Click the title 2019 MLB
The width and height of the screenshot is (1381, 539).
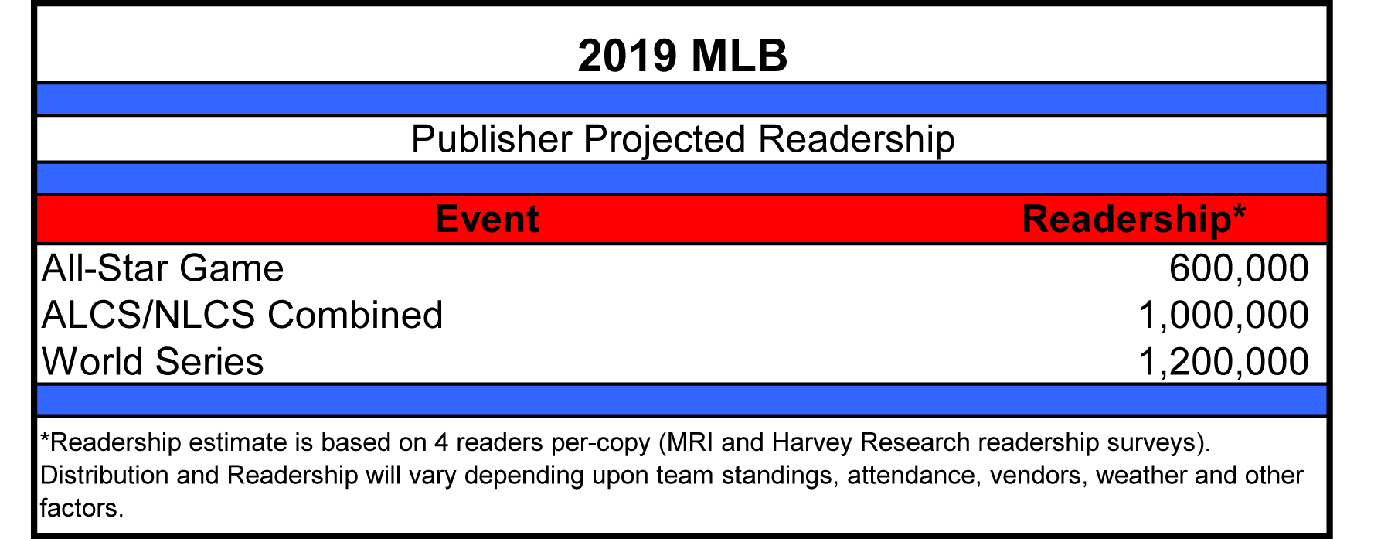click(x=682, y=56)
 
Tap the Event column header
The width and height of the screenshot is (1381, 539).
click(x=487, y=219)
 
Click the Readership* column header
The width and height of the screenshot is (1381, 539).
click(x=1134, y=220)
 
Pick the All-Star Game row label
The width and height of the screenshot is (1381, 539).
click(x=163, y=268)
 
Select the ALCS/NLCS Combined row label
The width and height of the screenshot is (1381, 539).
click(x=243, y=315)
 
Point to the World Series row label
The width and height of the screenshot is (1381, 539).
click(x=153, y=361)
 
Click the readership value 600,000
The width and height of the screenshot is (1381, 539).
click(x=1239, y=269)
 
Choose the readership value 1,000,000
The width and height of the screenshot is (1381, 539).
click(x=1224, y=316)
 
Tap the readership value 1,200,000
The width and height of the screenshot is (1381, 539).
click(x=1224, y=362)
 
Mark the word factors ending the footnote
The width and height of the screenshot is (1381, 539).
click(x=81, y=508)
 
